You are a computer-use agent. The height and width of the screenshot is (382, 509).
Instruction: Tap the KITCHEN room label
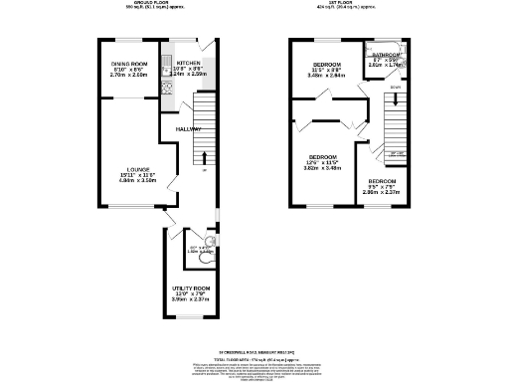pos(189,62)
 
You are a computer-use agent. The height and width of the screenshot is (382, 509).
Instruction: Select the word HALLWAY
pos(189,130)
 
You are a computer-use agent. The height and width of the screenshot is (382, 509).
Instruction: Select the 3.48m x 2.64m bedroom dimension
pos(326,75)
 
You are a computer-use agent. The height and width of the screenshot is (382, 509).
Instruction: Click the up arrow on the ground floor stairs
pos(204,156)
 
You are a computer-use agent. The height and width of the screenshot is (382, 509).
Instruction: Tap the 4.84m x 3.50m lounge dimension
pos(129,181)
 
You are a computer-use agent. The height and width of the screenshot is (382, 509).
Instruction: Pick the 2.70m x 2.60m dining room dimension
pos(129,75)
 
